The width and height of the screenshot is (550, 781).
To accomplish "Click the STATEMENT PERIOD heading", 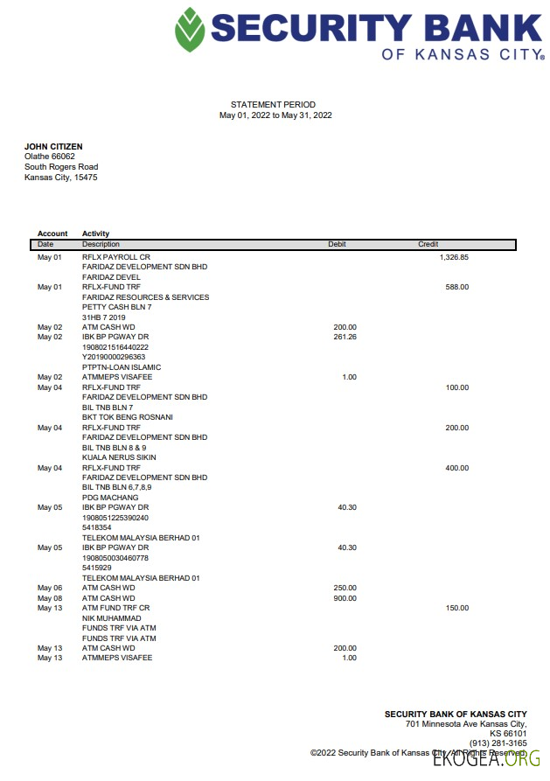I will (x=273, y=105).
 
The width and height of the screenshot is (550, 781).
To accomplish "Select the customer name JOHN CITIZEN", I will (x=53, y=146).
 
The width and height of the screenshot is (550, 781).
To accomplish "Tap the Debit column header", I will (x=337, y=244).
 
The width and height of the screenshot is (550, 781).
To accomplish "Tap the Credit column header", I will (x=428, y=244).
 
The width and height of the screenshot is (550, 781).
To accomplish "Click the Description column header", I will (x=101, y=244).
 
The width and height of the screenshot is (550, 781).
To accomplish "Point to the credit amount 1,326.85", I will (x=454, y=257).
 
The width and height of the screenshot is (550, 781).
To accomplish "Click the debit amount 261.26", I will (x=345, y=337).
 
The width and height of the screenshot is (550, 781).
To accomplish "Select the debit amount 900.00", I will (x=345, y=598).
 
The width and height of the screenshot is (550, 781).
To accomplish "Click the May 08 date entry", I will (x=50, y=598).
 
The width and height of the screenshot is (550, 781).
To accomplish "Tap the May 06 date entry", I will (x=50, y=588).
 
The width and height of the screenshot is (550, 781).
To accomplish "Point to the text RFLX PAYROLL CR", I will (x=116, y=257).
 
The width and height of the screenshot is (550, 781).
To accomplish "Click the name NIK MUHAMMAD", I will (x=110, y=618).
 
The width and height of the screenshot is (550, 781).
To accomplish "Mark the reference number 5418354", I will (x=96, y=528).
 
